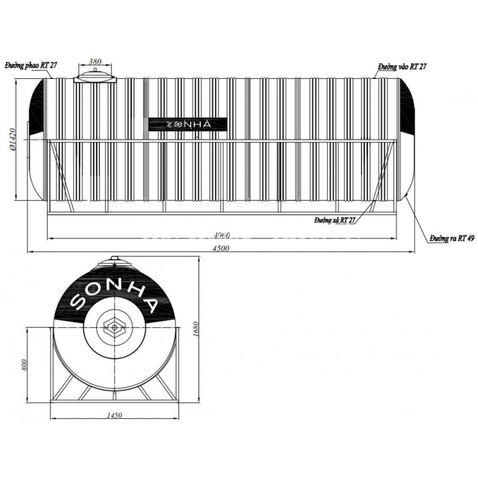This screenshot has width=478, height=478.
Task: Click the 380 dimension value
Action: tap(95, 62)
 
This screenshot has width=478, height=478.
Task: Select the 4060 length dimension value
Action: tap(222, 235)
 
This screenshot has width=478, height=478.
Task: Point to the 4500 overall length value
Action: tap(221, 248)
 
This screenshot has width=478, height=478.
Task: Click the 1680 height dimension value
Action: tap(196, 329)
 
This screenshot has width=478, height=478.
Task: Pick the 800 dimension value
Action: tap(24, 364)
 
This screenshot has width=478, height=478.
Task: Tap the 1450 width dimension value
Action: tap(114, 415)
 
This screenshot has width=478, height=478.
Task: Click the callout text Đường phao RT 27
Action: tap(31, 66)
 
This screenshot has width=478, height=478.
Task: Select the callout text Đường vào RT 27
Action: tap(402, 67)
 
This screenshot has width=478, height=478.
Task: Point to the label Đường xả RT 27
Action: tap(335, 220)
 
